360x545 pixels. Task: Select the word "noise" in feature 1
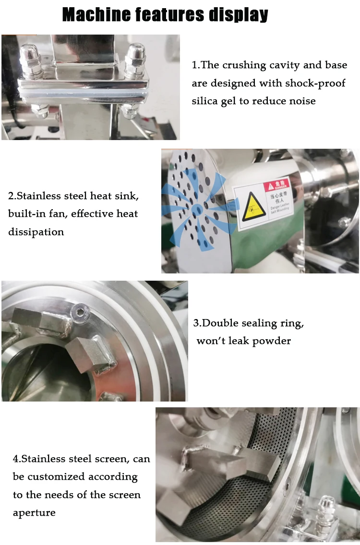click(x=301, y=101)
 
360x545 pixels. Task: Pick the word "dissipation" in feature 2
click(x=36, y=232)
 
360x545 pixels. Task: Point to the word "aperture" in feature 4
click(x=34, y=513)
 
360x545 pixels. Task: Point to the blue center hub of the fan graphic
click(x=197, y=210)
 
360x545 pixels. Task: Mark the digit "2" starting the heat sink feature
click(x=11, y=196)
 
